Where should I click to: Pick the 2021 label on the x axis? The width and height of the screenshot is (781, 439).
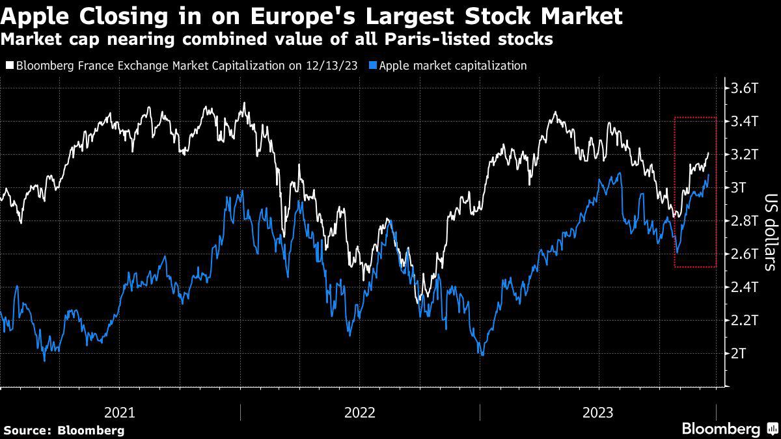pos(120,412)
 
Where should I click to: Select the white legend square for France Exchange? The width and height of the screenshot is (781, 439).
pos(9,66)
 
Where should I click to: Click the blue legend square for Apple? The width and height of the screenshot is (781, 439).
pos(372,66)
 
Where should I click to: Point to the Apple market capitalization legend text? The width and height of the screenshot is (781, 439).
pos(452,66)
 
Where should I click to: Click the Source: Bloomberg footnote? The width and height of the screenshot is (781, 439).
pos(64,430)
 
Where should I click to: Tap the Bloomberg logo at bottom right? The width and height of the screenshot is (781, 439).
pos(729,429)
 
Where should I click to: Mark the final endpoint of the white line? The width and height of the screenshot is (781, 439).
pos(708,153)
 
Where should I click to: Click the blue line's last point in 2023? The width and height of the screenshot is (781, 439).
pos(708,174)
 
